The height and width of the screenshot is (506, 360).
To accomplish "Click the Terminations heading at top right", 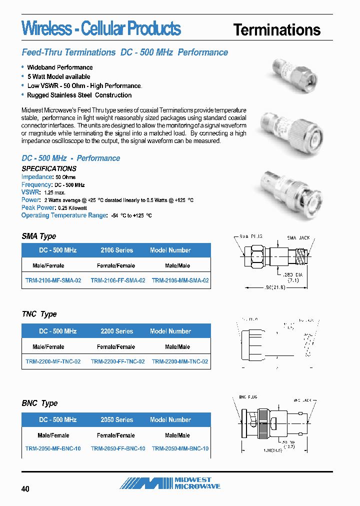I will click(x=276, y=30).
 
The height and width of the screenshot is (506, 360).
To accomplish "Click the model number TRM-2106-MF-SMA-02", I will click(x=53, y=281).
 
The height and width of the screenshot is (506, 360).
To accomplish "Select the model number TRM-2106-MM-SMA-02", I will click(x=180, y=281).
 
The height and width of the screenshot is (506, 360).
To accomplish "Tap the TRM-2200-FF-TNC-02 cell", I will click(x=118, y=361).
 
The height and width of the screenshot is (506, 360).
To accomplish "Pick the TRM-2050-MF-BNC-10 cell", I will click(x=53, y=448).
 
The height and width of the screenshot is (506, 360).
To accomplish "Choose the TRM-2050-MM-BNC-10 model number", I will click(x=180, y=448).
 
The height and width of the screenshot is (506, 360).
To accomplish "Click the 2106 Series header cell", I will click(x=117, y=250).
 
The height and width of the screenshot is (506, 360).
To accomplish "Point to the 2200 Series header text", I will click(x=117, y=331).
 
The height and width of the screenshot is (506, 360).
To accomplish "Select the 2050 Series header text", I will click(x=117, y=420).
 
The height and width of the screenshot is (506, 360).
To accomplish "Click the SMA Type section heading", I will click(x=39, y=236).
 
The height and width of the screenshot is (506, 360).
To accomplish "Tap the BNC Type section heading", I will click(x=39, y=403).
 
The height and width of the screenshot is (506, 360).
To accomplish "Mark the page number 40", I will click(x=25, y=488).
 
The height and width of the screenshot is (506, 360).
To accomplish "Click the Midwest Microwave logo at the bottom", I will click(x=170, y=483).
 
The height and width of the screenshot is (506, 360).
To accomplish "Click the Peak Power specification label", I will click(x=38, y=207).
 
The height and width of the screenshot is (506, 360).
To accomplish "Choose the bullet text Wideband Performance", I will click(x=60, y=67).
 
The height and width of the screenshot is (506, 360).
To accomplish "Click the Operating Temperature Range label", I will click(x=64, y=215).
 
